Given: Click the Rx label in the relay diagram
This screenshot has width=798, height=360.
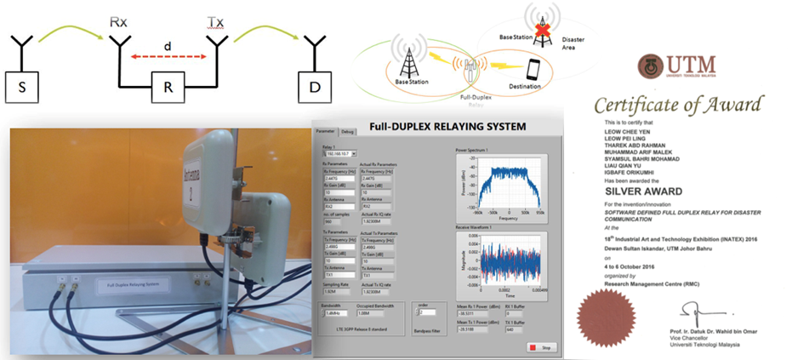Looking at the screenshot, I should [x=119, y=19].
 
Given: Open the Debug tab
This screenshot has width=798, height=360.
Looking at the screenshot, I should [x=348, y=132].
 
